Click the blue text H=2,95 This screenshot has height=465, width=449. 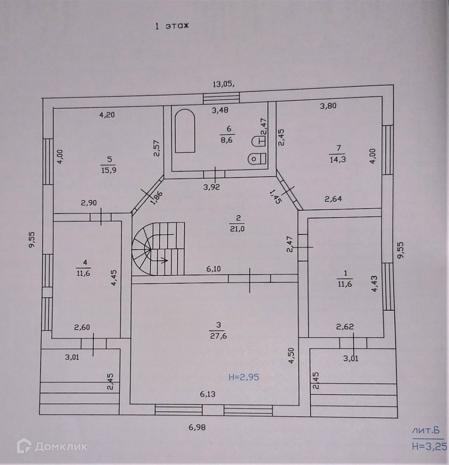click(244, 378)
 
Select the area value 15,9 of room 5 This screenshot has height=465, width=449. click(109, 170)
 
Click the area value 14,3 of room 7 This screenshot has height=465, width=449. click(338, 159)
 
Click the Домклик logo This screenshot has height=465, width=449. click(52, 446)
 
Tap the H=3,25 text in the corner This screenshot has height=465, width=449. click(429, 446)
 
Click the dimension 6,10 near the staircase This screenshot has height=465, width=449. click(214, 269)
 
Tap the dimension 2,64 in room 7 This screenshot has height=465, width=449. click(333, 199)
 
